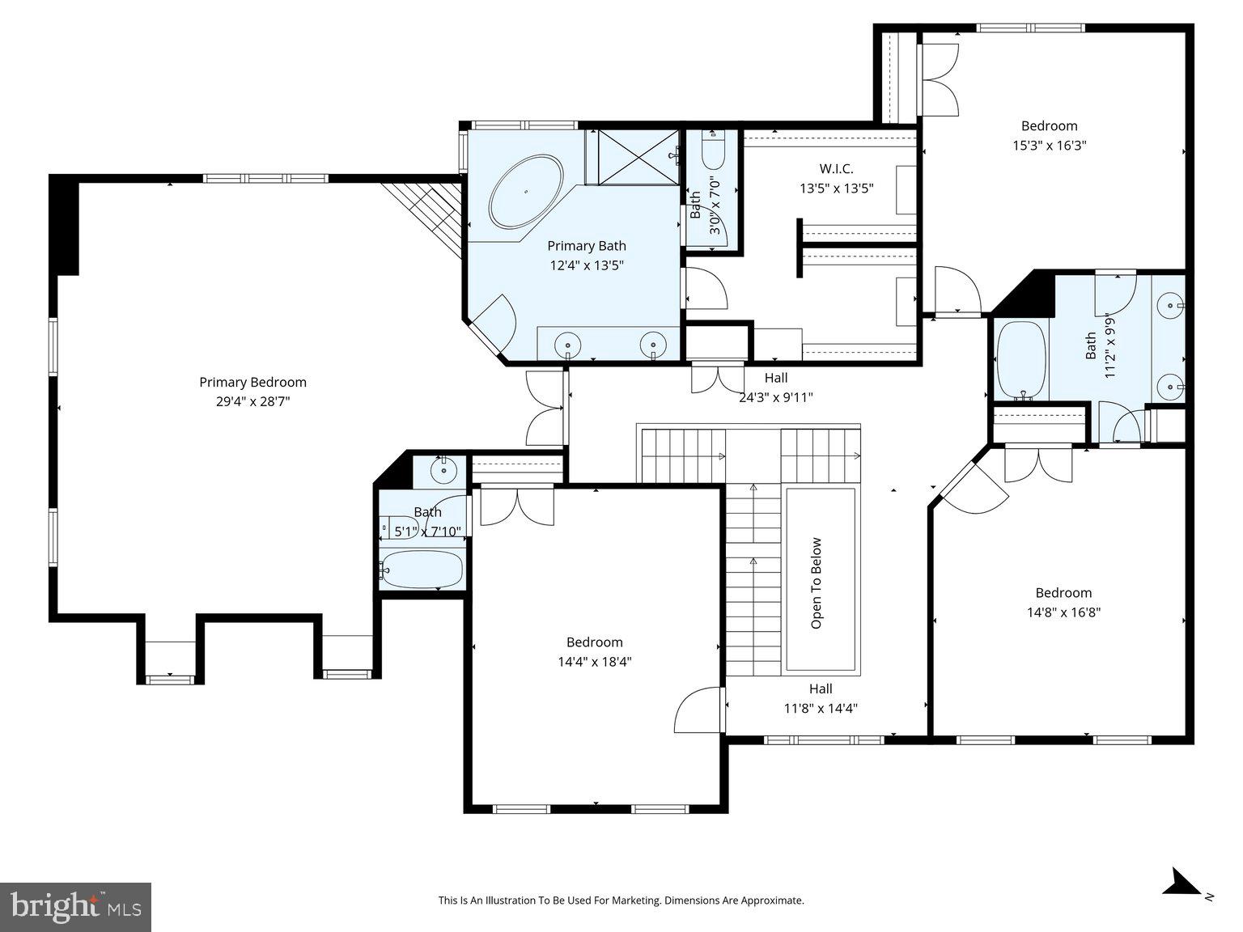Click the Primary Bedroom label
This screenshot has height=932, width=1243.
tap(252, 382)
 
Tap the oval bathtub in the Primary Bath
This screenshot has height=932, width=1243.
tap(525, 192)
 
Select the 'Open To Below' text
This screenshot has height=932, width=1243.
tap(817, 582)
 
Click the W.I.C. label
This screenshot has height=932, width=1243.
tap(836, 169)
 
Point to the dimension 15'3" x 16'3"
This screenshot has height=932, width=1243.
tap(1049, 146)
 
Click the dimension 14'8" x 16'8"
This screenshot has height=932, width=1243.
tap(1063, 612)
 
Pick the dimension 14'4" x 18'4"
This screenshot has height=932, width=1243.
tap(594, 662)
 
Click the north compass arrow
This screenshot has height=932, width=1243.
tap(1183, 882)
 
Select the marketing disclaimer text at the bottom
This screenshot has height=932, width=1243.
tap(621, 900)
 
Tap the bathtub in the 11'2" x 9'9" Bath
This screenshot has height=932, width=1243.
tap(1022, 360)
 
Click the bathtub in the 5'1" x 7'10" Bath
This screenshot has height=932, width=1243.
tap(422, 570)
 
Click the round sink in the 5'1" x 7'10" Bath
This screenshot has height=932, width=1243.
tap(443, 470)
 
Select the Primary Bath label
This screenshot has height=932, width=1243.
tap(586, 246)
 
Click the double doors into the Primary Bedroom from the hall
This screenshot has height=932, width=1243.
tap(545, 408)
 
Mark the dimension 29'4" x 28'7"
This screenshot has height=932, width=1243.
tap(252, 401)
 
